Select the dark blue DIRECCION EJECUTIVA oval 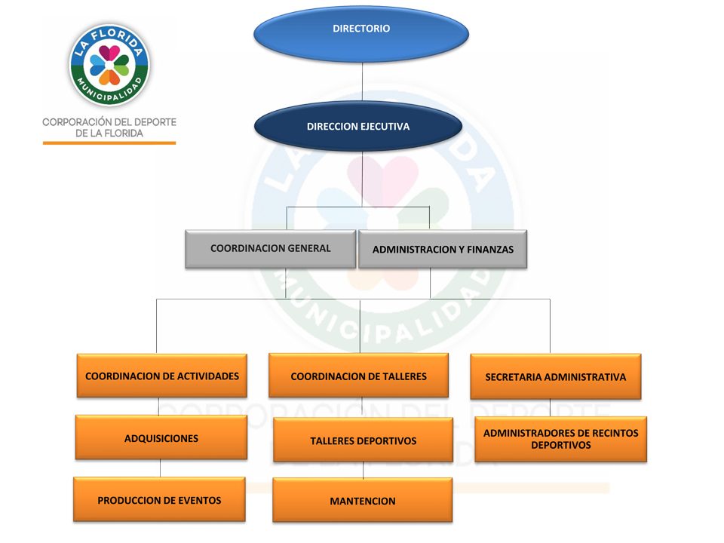(x=358, y=127)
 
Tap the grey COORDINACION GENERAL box (x=270, y=249)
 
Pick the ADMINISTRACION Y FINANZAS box (x=443, y=250)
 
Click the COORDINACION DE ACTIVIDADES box (x=161, y=376)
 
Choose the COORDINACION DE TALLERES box (x=358, y=376)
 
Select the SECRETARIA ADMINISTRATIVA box (x=555, y=376)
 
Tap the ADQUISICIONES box (x=161, y=438)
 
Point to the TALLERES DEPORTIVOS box (x=363, y=440)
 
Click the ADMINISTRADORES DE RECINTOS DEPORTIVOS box (x=560, y=439)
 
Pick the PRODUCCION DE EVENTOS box (x=159, y=499)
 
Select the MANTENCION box (x=362, y=500)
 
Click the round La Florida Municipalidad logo (x=109, y=64)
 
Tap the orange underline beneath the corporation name (x=109, y=143)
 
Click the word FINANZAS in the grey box (x=486, y=250)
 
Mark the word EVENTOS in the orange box (x=195, y=500)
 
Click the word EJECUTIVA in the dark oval (x=384, y=127)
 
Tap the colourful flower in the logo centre (x=109, y=64)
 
